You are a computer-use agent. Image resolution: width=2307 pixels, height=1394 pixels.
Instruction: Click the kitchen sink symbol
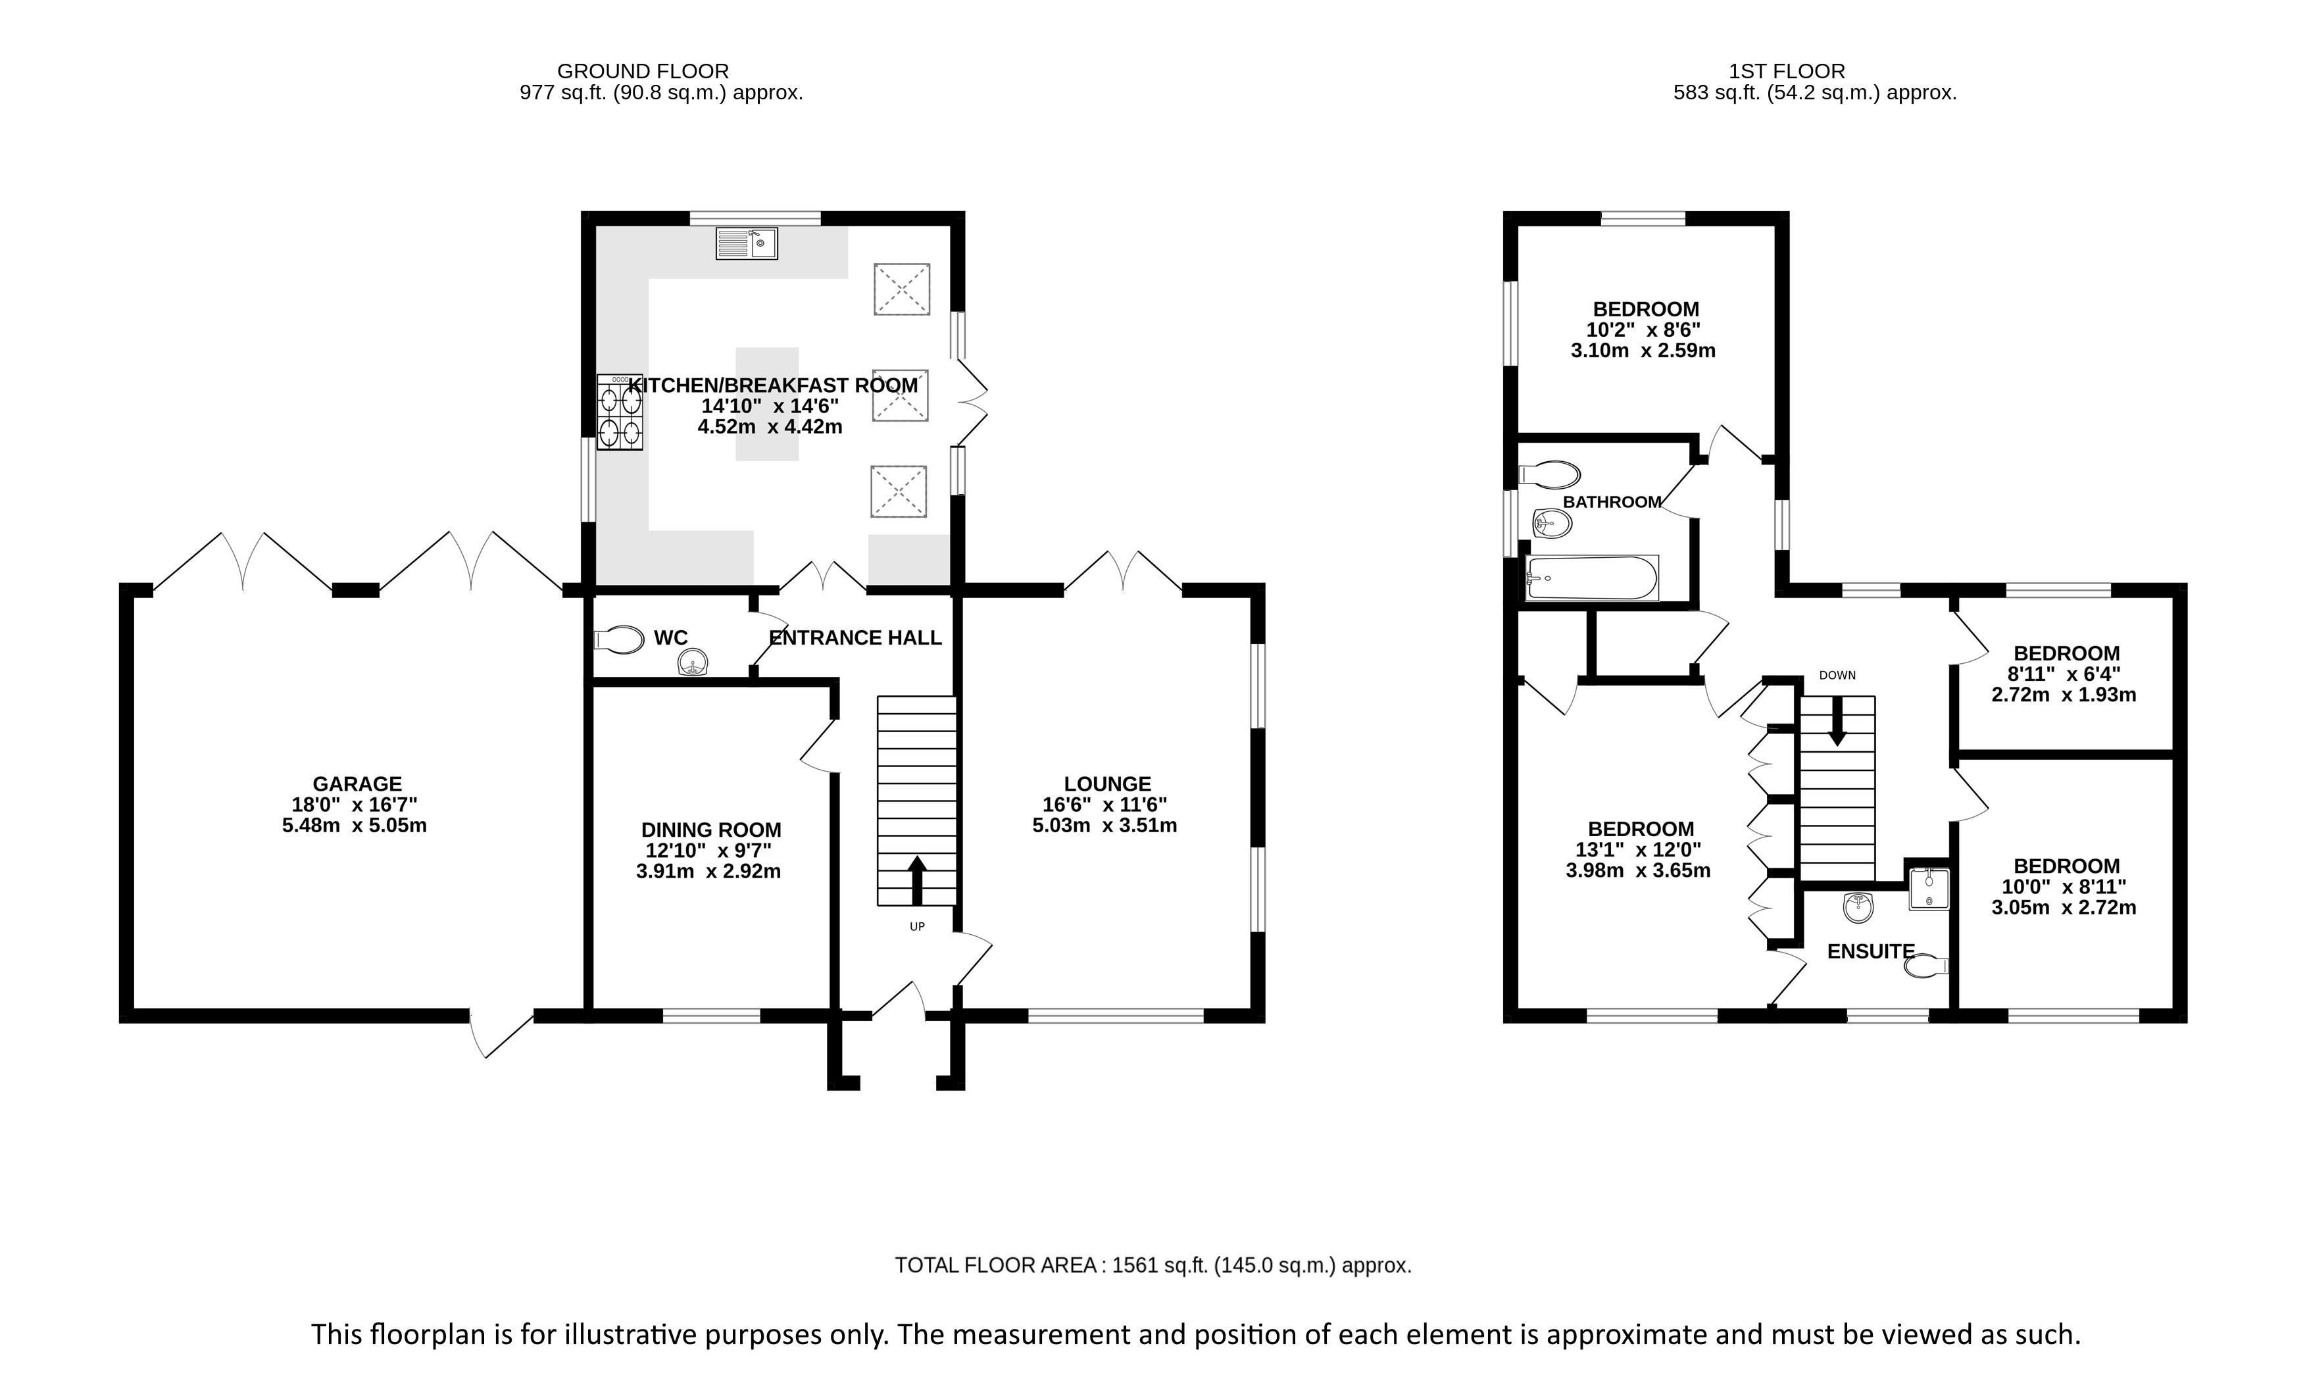746,243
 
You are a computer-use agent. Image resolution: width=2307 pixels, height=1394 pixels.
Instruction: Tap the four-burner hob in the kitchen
620,413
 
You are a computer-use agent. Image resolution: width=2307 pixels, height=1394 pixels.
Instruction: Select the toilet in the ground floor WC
619,639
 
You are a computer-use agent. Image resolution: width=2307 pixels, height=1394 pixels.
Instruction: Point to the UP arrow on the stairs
916,880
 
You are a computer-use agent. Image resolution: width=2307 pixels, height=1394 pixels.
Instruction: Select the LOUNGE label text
1106,784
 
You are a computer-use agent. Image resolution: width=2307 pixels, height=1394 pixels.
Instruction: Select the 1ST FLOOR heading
1787,71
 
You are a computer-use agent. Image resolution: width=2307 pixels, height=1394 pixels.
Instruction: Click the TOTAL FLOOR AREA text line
1153,1266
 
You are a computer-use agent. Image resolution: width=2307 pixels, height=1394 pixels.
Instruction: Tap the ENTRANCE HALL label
855,637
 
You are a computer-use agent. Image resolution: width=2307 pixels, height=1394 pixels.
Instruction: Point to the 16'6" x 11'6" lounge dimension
1104,804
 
